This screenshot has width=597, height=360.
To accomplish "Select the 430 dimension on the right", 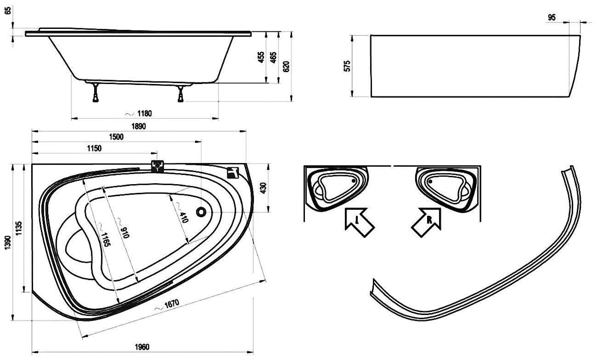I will [x=264, y=188].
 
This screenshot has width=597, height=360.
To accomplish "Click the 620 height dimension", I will [x=286, y=66].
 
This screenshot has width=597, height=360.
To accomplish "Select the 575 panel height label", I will [x=348, y=66].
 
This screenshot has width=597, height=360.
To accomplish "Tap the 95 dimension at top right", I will [x=552, y=17].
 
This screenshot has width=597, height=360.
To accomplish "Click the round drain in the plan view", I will [x=201, y=212].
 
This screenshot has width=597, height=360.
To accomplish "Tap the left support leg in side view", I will [x=95, y=92].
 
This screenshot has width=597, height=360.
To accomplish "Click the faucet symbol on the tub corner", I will [x=233, y=172].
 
